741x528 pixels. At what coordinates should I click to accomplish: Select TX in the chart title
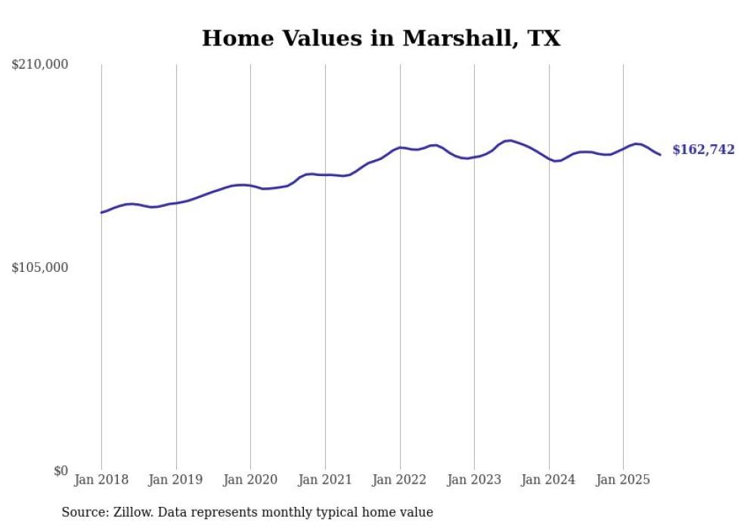pyautogui.click(x=543, y=39)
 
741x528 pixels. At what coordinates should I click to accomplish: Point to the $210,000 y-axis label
pyautogui.click(x=40, y=65)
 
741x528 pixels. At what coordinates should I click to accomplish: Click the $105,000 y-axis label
pyautogui.click(x=40, y=267)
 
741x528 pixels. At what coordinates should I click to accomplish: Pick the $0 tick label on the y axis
pyautogui.click(x=60, y=471)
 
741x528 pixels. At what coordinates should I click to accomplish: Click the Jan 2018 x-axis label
pyautogui.click(x=101, y=480)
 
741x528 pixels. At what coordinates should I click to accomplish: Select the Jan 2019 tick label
pyautogui.click(x=176, y=480)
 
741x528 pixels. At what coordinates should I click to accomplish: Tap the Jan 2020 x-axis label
pyautogui.click(x=250, y=480)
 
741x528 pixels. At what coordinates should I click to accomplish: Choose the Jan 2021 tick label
pyautogui.click(x=325, y=480)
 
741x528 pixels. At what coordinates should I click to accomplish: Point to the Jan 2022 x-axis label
pyautogui.click(x=400, y=480)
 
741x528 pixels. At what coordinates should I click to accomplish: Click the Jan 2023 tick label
pyautogui.click(x=474, y=480)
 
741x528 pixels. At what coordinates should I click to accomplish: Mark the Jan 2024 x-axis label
pyautogui.click(x=549, y=480)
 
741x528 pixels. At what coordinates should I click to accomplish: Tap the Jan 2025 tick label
pyautogui.click(x=623, y=480)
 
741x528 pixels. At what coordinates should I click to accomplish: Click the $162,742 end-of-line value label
pyautogui.click(x=703, y=150)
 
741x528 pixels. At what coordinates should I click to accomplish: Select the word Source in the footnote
pyautogui.click(x=83, y=512)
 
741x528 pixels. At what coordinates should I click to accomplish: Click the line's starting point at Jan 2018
pyautogui.click(x=101, y=212)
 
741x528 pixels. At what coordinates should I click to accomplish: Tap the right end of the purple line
pyautogui.click(x=660, y=155)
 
